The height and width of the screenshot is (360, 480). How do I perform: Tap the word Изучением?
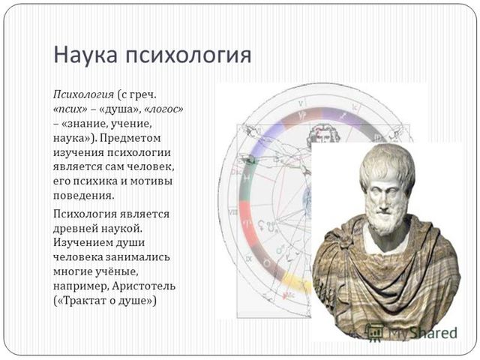point(84,242)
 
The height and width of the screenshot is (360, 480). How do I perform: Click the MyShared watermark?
point(420,330)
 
